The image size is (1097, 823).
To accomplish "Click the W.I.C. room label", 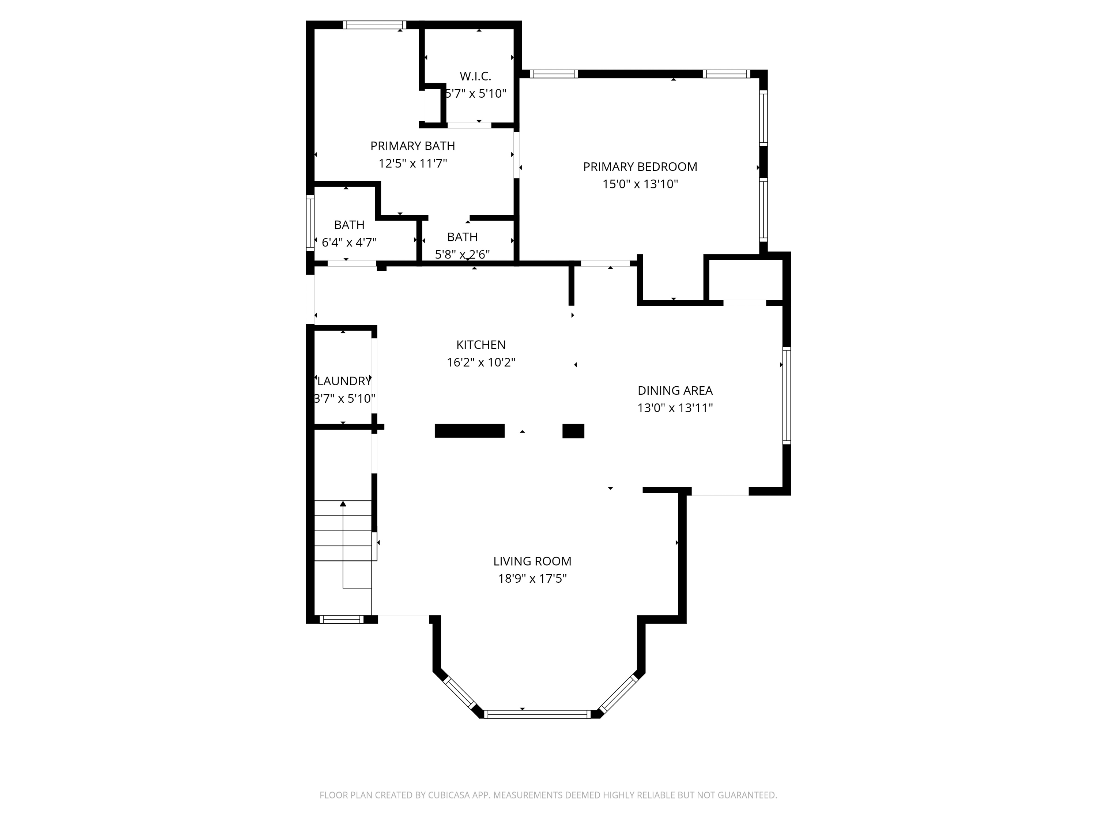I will click(475, 76).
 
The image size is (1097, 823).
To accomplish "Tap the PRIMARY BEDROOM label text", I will click(640, 167).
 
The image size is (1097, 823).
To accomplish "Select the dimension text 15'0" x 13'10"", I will click(640, 184).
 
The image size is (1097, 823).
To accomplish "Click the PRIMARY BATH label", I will click(412, 146).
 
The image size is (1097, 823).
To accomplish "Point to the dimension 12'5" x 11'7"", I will click(412, 163).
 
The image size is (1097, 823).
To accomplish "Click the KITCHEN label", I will click(480, 345).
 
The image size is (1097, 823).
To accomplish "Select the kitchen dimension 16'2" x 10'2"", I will click(480, 362).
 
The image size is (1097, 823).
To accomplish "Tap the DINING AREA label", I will click(675, 390).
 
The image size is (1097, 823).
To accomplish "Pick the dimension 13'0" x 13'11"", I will click(675, 408).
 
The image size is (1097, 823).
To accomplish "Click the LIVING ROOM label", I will click(532, 561).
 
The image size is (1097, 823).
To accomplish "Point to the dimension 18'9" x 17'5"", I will click(532, 578).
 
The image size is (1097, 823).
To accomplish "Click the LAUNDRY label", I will click(344, 381).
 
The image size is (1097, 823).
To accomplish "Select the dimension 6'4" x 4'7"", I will click(349, 243).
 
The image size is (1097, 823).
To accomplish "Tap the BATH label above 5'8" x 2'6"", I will click(462, 237).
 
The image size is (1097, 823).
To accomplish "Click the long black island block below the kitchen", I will click(469, 431).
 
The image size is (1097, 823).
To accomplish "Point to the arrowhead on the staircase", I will click(343, 504).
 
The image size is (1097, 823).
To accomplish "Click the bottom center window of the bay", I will click(537, 714).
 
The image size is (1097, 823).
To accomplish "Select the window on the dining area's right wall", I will click(787, 395).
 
